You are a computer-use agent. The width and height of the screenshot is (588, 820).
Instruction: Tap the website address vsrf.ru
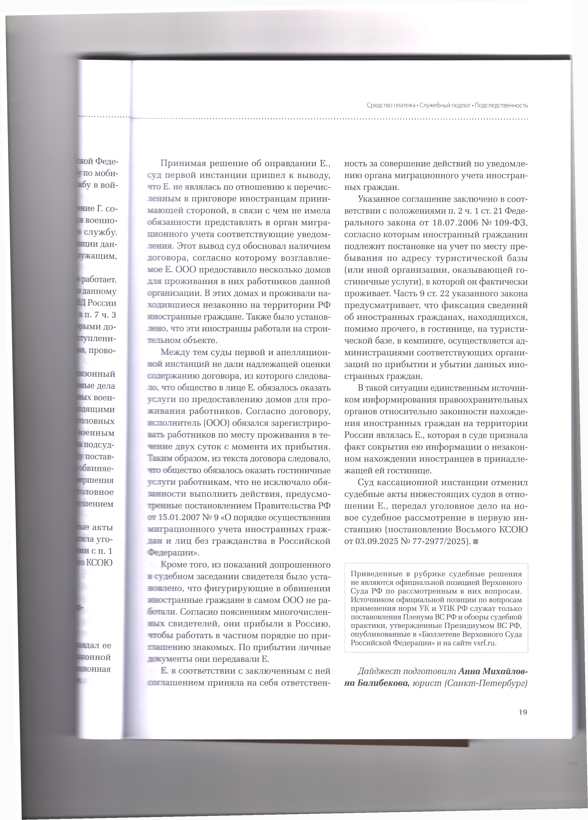(485, 643)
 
